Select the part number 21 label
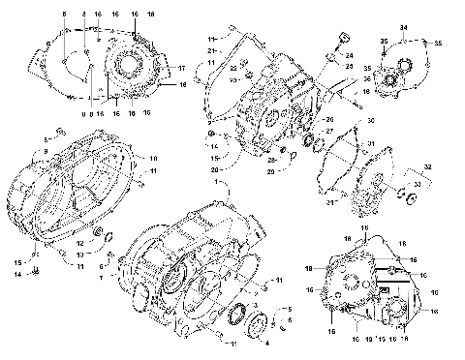click(211, 49)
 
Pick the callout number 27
click(329, 131)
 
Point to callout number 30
click(369, 120)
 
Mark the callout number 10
click(152, 157)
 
